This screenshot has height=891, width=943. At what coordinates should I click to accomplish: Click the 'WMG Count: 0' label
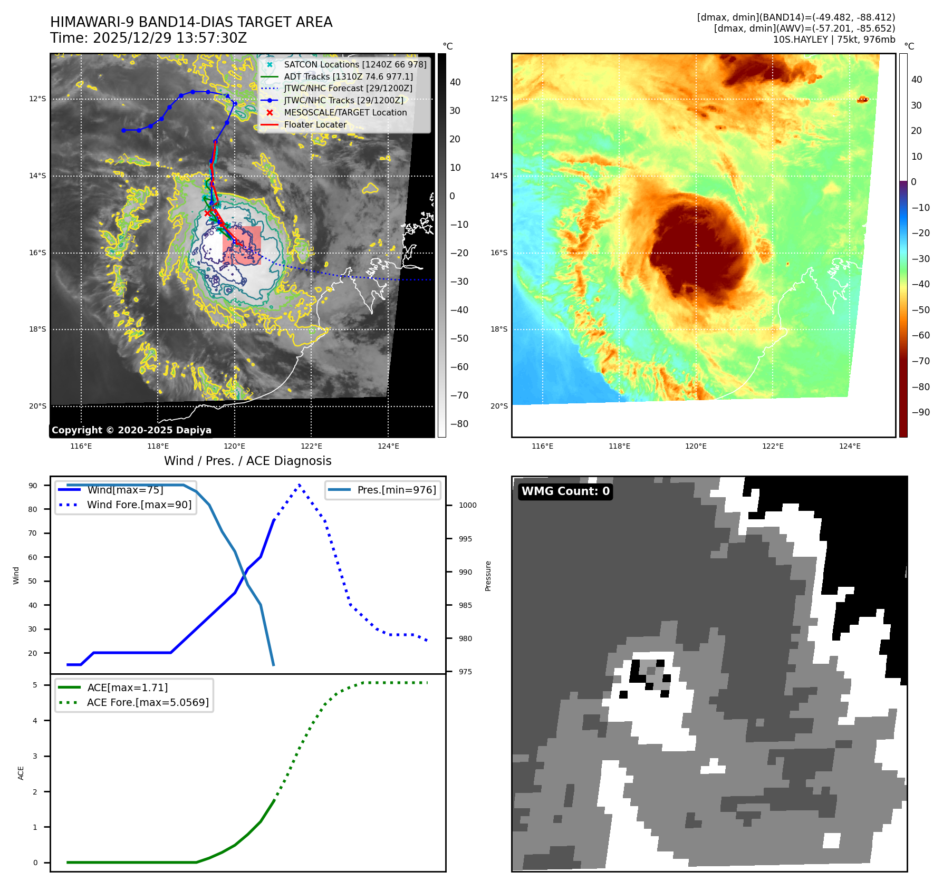pos(565,491)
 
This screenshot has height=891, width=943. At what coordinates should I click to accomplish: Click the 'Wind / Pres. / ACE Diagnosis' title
pos(248,461)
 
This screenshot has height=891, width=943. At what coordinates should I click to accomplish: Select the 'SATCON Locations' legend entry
pos(355,64)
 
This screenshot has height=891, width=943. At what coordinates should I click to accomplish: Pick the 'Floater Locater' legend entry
pos(315,125)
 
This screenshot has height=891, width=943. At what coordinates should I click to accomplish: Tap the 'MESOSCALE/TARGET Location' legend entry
pos(345,113)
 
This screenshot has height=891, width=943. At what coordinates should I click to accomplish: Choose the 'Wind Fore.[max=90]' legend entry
pos(139,505)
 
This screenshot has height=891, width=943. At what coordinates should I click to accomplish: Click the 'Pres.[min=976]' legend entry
pos(397,490)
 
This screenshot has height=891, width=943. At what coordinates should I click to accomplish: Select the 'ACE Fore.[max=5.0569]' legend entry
pos(148,702)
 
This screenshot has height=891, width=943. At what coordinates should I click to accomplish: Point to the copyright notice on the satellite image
pos(131,430)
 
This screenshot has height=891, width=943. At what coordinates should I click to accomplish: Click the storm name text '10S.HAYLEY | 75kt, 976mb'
pos(834,40)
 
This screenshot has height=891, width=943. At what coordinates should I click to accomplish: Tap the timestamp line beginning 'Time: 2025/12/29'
pos(149,38)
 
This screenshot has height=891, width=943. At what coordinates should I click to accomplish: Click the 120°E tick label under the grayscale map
pos(234,446)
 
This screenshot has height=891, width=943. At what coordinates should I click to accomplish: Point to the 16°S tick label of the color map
pos(499,253)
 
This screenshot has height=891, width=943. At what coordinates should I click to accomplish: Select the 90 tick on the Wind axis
pos(33,486)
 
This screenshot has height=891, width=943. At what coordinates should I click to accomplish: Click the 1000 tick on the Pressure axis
pos(467,505)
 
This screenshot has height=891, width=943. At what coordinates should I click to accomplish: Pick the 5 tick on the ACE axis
pos(35,685)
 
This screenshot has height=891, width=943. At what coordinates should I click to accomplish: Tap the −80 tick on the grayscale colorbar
pos(459,424)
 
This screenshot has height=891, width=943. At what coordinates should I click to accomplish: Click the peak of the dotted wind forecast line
pos(299,485)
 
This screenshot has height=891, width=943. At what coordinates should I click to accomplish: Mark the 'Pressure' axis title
pos(488,576)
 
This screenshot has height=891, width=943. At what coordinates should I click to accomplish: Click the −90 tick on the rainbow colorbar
pos(920,412)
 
